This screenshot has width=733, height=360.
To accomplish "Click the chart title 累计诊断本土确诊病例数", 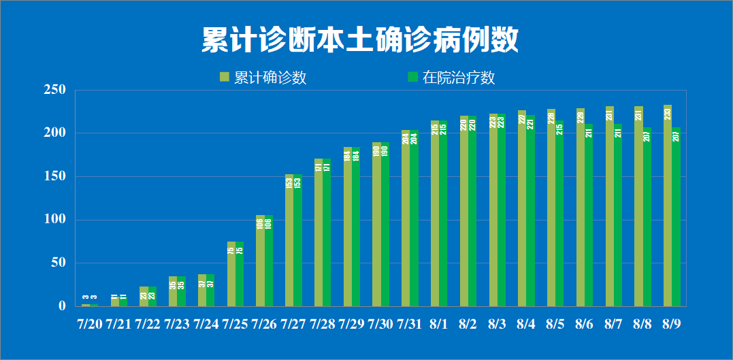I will point(360,40).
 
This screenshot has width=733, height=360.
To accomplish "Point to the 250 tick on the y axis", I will point(54,90).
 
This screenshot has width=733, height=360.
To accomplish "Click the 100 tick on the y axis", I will point(54,220).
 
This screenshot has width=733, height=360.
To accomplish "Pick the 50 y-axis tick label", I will point(57,263).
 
